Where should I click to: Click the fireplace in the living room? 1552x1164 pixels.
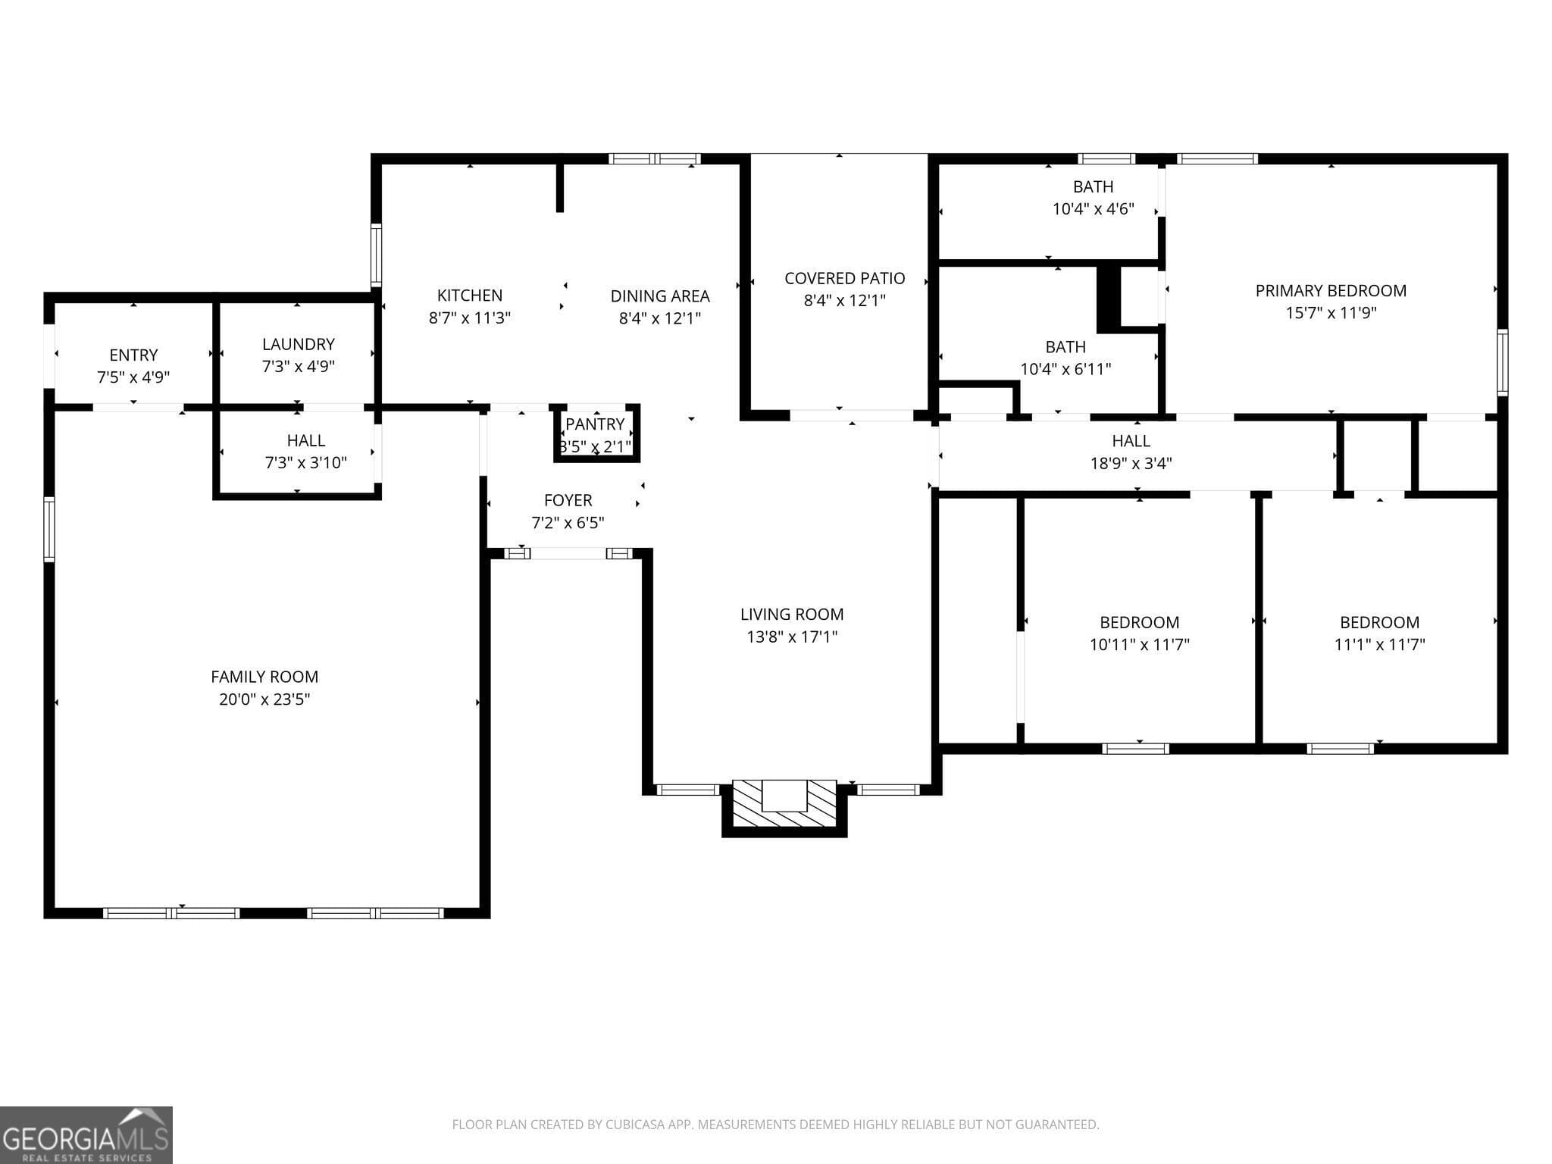click(784, 805)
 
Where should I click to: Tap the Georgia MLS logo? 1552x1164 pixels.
click(86, 1134)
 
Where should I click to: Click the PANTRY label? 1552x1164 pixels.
click(595, 424)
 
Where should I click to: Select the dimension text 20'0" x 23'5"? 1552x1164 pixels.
click(264, 699)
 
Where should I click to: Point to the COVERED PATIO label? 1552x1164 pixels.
click(844, 278)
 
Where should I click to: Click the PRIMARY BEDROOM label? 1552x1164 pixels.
click(1331, 290)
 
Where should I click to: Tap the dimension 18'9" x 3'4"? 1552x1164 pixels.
click(1131, 463)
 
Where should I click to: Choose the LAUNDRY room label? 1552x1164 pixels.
click(298, 344)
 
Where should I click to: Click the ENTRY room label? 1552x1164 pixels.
click(133, 355)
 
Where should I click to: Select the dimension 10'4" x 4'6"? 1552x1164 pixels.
click(1093, 208)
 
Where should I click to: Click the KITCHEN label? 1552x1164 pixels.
click(469, 296)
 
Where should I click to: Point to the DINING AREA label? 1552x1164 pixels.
click(659, 296)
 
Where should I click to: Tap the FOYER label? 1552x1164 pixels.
click(568, 500)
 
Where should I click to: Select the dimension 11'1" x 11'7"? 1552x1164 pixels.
click(1379, 644)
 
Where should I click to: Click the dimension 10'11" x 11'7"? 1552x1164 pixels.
click(1139, 644)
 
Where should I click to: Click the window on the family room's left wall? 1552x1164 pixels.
click(49, 529)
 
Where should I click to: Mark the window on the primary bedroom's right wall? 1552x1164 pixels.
click(1502, 362)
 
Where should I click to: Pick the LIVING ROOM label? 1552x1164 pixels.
click(791, 615)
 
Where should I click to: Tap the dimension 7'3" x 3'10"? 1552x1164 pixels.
click(305, 462)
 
